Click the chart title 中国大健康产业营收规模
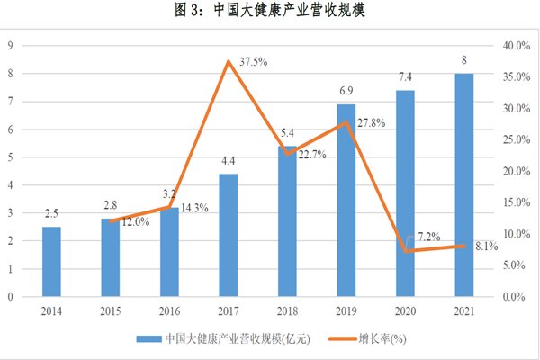click(x=270, y=12)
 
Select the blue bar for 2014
click(x=52, y=261)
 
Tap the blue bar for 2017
click(x=229, y=235)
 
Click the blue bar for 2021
click(x=463, y=184)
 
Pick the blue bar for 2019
click(x=346, y=200)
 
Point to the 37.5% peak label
click(x=251, y=61)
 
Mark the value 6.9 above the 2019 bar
click(x=346, y=93)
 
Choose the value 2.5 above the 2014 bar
click(x=52, y=214)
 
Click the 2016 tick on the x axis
click(x=170, y=310)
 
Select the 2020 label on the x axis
click(x=405, y=310)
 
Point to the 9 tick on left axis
click(x=10, y=46)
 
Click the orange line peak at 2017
click(x=229, y=61)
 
